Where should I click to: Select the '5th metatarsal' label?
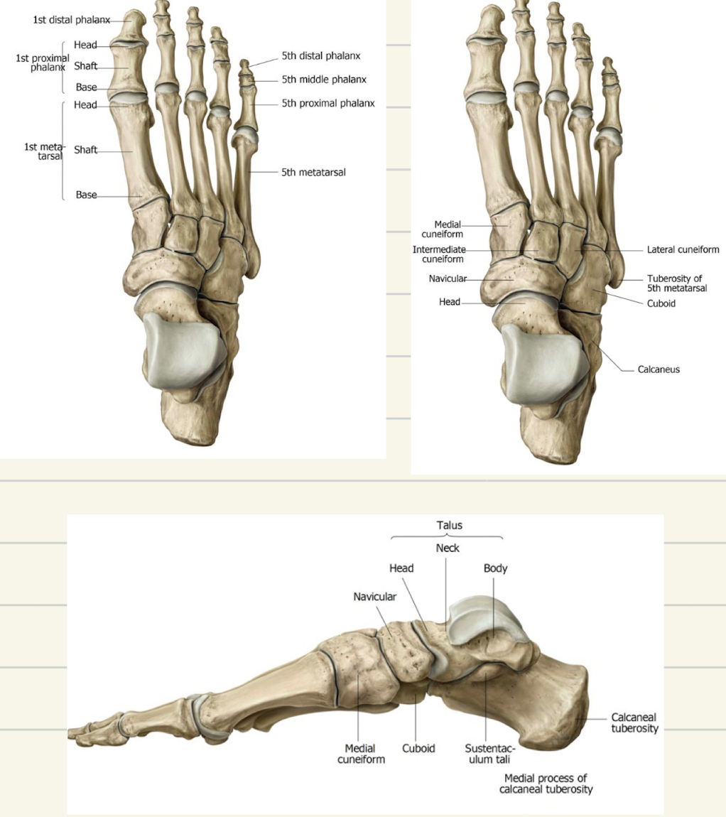[313, 171]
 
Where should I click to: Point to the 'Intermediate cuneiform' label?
[439, 254]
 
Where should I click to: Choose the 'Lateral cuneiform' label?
[683, 250]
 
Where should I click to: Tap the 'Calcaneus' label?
[658, 369]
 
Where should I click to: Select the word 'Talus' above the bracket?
[449, 525]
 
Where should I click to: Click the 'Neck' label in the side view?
[448, 548]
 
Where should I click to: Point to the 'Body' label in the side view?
[495, 568]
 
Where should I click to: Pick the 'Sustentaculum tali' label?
[490, 754]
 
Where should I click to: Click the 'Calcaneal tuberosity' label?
[634, 723]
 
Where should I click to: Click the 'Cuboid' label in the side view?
[418, 748]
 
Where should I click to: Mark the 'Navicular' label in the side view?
[374, 597]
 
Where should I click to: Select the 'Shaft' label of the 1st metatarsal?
[85, 150]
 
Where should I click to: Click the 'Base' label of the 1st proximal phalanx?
[86, 88]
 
